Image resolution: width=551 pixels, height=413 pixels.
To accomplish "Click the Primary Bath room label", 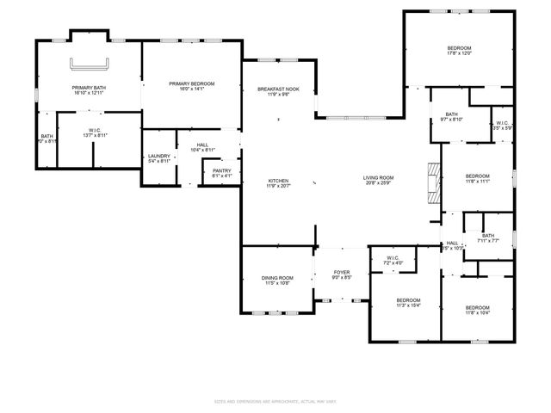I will (89, 91).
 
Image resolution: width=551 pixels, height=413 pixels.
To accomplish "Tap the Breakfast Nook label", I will (278, 92).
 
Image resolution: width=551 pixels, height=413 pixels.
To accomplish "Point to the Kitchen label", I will (278, 183).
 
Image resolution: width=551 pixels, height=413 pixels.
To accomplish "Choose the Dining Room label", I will (277, 280).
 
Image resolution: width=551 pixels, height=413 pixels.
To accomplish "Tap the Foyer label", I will (342, 275).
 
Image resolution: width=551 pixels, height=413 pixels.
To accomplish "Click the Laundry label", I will (159, 158).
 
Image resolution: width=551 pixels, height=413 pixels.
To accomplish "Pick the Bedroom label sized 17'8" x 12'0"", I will (459, 50).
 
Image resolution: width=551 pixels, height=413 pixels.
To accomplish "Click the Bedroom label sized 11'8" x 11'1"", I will (477, 178).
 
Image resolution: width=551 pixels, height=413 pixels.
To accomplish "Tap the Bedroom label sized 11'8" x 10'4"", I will (477, 311).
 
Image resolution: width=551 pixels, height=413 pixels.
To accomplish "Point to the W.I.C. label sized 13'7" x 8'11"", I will (95, 133).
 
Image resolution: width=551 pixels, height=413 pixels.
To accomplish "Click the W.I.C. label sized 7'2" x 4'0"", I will (393, 260).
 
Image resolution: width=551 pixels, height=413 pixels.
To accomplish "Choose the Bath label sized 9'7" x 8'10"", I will (452, 117).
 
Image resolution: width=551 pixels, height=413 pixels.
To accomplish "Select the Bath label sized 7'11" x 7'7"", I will (488, 238).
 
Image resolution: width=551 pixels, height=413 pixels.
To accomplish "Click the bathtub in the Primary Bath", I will (90, 63).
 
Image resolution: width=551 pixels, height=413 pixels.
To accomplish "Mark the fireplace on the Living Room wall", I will (433, 182).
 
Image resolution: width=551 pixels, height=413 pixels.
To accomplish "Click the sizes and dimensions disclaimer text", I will (275, 402).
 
